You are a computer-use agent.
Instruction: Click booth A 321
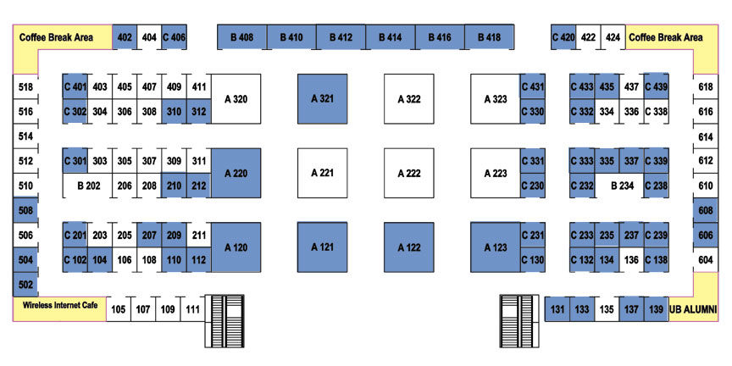[323, 99]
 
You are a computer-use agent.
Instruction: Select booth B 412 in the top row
[341, 37]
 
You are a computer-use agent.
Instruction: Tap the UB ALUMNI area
[693, 309]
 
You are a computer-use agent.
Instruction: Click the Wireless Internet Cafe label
[60, 305]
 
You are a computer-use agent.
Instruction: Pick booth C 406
[175, 37]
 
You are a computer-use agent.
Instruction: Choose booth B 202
[88, 186]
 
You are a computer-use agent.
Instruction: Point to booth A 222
[409, 173]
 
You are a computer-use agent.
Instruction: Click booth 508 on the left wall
[25, 210]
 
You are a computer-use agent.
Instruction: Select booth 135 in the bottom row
[607, 309]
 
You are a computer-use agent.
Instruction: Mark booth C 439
[656, 86]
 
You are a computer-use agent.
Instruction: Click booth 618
[706, 86]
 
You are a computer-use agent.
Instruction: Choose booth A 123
[496, 247]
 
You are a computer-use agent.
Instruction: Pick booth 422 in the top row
[588, 37]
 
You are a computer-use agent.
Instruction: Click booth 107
[143, 309]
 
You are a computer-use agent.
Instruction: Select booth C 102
[75, 259]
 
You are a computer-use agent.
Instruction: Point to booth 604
[706, 259]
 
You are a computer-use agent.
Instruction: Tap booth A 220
[236, 173]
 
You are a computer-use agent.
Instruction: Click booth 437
[631, 86]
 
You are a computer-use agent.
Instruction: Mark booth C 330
[532, 111]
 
